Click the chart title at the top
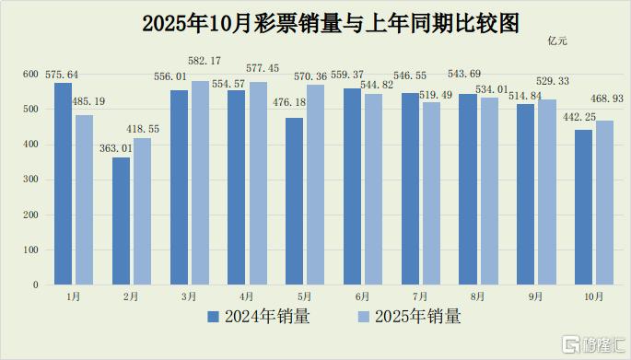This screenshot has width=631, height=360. coord(331,23)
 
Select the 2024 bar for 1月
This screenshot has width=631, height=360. coord(64,184)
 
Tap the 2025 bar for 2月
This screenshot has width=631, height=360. coord(143,212)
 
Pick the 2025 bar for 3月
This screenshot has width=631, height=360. coord(201,183)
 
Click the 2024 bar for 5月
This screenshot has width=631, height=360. coord(294,202)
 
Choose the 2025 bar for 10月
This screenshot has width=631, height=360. coord(605,203)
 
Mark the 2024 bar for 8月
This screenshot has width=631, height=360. coord(468,190)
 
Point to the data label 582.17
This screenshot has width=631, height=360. coord(204,61)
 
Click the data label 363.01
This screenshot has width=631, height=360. coord(116,148)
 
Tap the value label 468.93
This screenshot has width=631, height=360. coord(607,99)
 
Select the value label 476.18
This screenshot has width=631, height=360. coord(289,102)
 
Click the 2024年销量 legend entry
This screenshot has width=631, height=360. coord(259,317)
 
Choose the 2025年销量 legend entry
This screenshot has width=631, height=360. coord(409,317)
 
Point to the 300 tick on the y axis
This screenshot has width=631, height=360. coord(30,180)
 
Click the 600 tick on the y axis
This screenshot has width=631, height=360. coord(30,74)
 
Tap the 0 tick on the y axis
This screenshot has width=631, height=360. coord(36,285)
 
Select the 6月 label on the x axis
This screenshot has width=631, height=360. coord(362,296)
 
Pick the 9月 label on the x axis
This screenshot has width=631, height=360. coord(535,296)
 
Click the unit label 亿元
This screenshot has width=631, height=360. coord(557,41)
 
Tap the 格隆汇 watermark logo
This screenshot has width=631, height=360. coord(594,344)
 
